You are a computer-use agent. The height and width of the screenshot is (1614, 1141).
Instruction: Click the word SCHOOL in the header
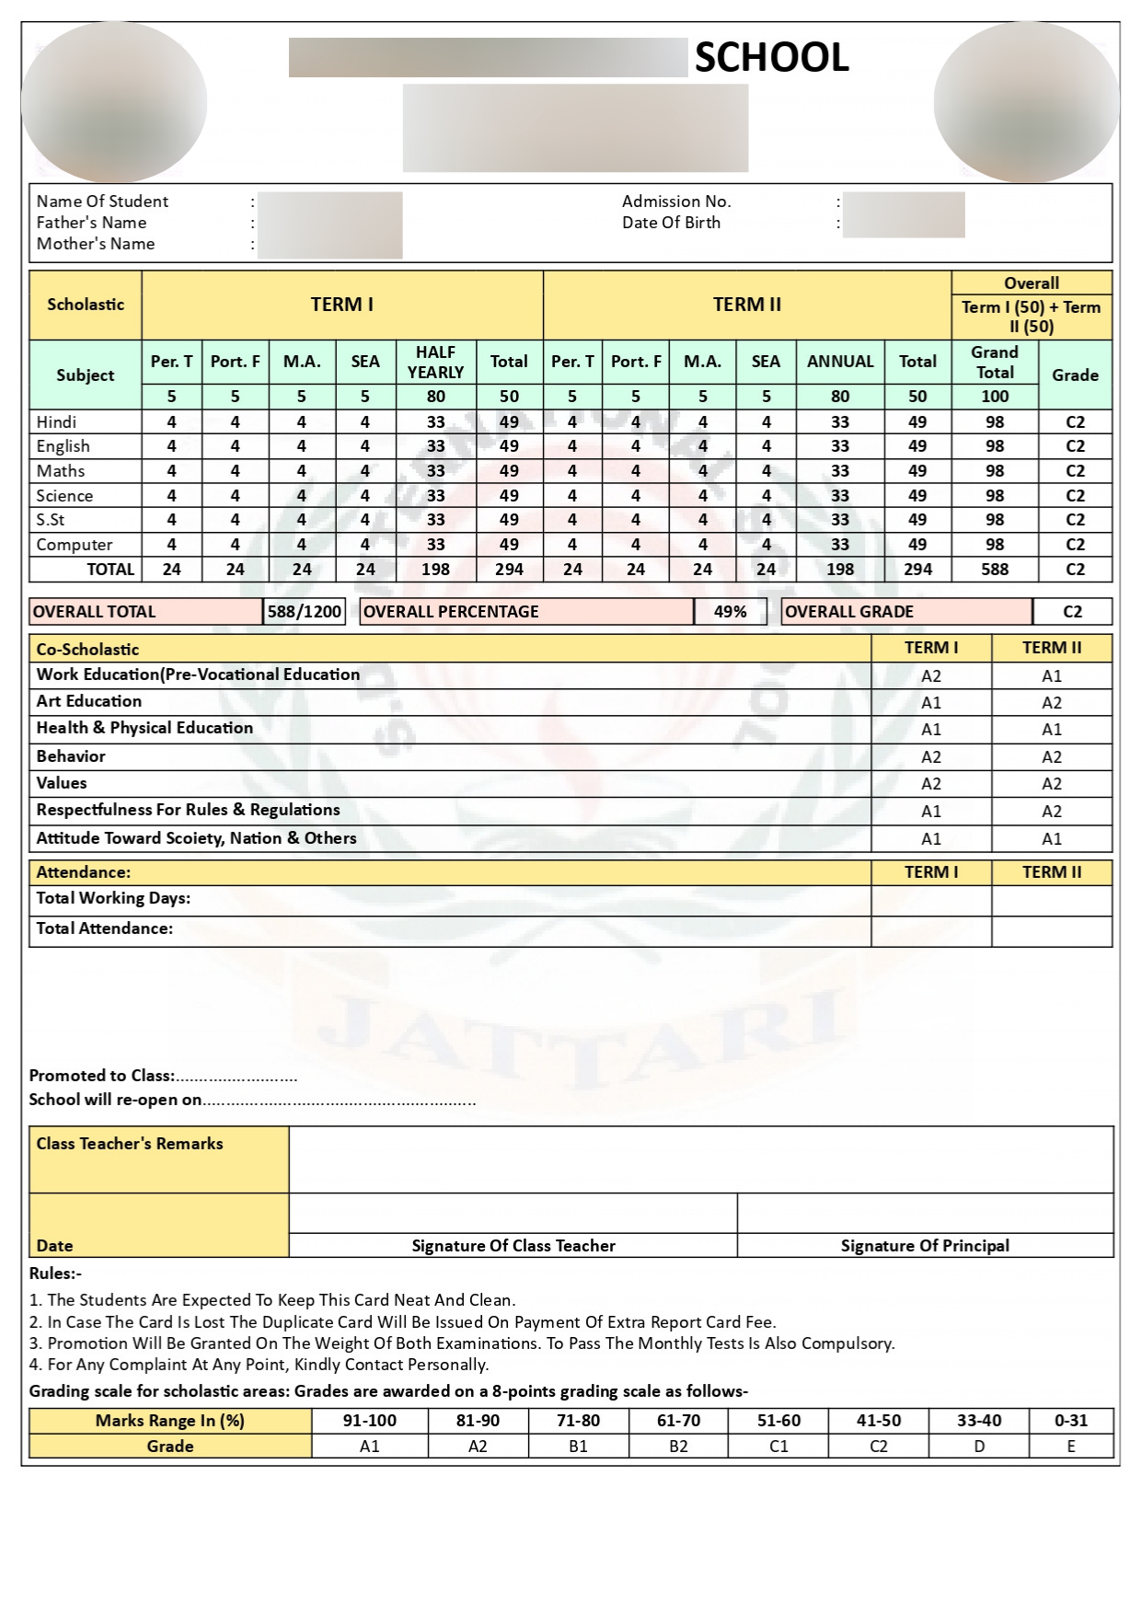771,58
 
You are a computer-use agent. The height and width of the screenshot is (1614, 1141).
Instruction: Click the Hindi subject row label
57,422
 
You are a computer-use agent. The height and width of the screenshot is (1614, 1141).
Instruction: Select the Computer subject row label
75,545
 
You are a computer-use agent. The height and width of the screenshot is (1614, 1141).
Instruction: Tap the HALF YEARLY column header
435,363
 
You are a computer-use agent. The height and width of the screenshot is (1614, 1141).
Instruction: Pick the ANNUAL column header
840,362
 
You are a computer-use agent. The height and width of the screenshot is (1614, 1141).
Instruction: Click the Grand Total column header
995,363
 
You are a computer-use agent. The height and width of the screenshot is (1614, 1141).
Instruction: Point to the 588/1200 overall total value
304,612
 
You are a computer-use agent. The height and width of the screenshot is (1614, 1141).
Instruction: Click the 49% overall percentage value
731,612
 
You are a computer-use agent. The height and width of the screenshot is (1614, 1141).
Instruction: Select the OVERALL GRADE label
849,612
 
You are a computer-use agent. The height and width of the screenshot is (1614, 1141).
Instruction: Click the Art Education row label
89,701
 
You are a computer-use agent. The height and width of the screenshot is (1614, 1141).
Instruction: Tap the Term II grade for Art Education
1052,703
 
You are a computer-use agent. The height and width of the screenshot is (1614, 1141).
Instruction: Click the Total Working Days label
113,898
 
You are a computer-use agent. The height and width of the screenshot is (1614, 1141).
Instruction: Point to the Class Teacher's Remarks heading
130,1144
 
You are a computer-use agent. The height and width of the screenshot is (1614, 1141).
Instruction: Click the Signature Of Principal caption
925,1246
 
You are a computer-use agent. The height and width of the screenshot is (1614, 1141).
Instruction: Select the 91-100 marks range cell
370,1421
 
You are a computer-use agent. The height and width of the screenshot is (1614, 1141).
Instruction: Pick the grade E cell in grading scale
1071,1447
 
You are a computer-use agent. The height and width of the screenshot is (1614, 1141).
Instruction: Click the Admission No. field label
676,202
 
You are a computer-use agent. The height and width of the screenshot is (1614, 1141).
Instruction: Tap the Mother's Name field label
96,244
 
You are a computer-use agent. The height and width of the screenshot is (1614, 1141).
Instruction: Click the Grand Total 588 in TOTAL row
995,570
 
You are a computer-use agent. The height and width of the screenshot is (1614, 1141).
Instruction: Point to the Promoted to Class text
101,1076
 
